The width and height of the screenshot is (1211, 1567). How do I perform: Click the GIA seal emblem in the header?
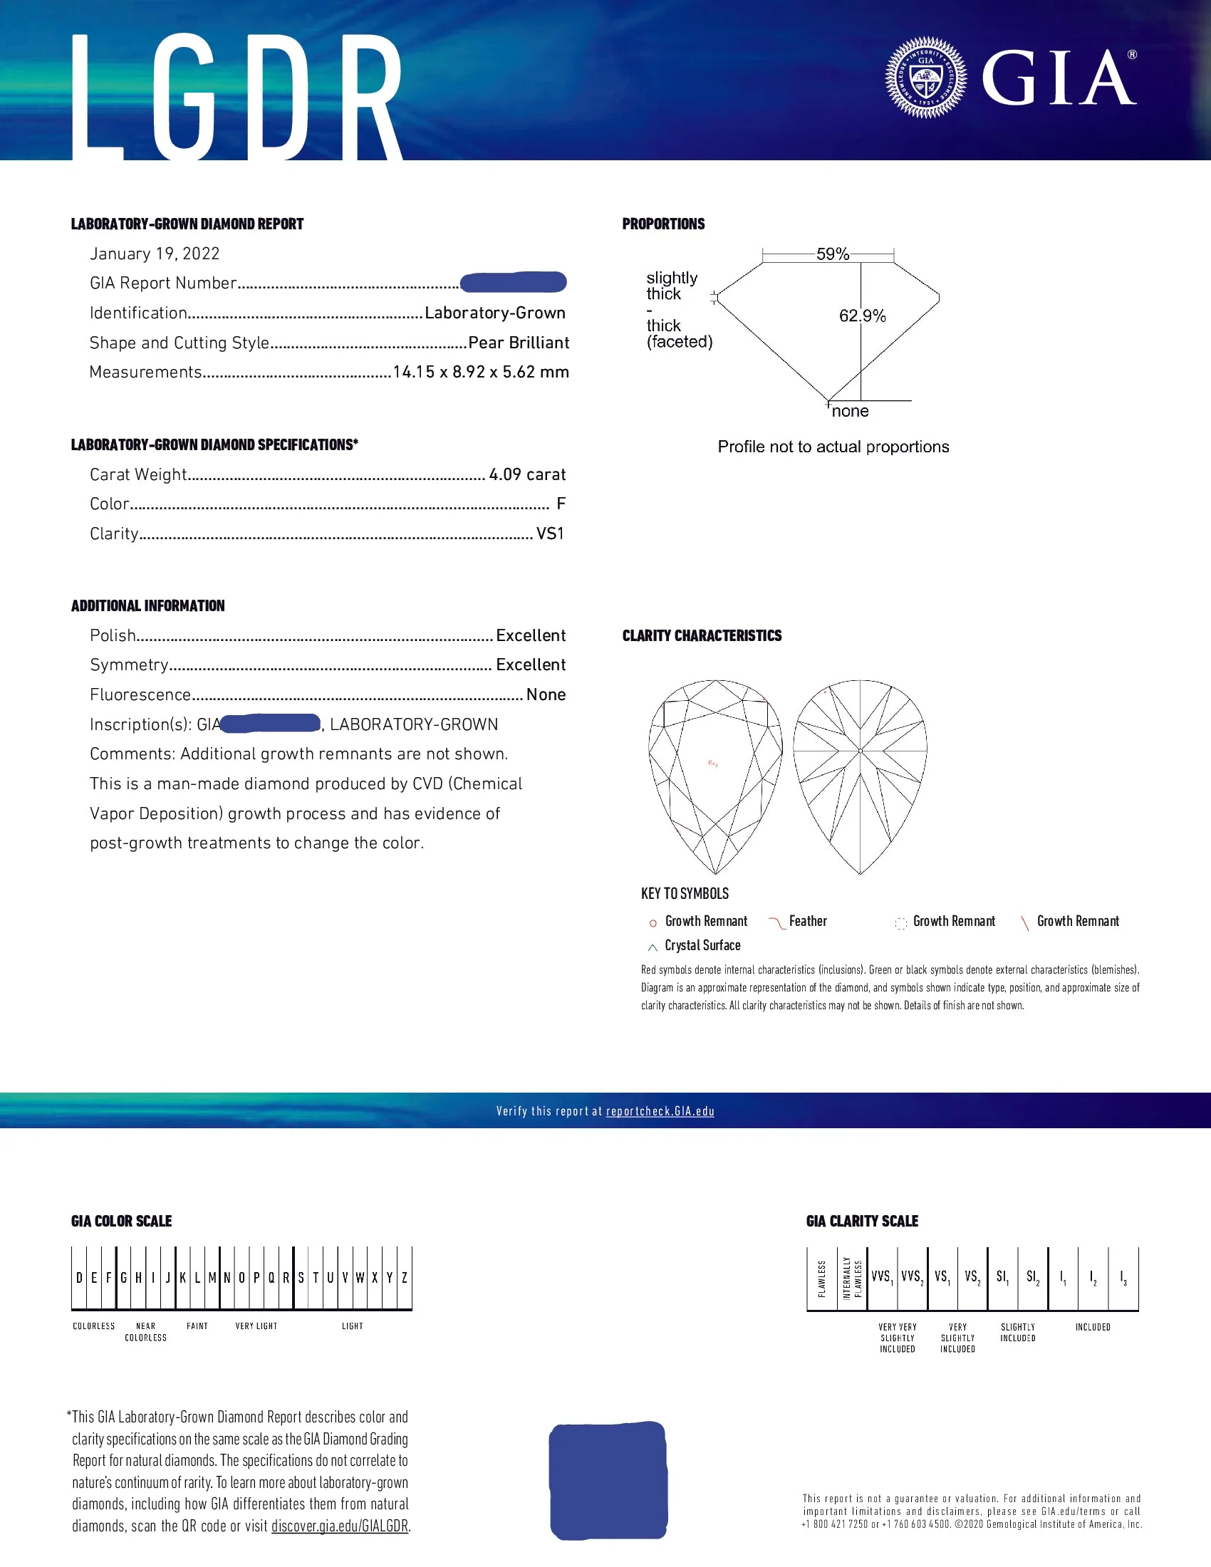click(925, 78)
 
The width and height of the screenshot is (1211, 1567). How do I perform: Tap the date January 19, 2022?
click(155, 254)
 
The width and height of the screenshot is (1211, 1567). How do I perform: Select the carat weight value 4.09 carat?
click(527, 475)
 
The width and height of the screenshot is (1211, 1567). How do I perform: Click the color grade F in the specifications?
click(561, 504)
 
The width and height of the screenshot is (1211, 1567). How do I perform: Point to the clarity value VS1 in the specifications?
click(550, 533)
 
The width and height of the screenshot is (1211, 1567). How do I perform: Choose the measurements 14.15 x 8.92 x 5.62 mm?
click(481, 373)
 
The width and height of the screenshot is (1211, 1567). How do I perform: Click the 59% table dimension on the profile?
click(832, 254)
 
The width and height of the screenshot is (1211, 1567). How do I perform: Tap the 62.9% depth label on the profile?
click(863, 316)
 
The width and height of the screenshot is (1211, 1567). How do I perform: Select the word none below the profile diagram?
click(850, 412)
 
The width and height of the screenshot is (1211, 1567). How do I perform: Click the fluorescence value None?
click(546, 695)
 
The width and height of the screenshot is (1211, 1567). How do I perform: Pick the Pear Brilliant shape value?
click(519, 343)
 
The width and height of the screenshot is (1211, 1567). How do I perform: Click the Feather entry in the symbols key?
click(808, 921)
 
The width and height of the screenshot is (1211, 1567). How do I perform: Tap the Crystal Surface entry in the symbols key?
click(702, 946)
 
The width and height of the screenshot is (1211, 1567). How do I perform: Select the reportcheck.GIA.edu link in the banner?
click(660, 1111)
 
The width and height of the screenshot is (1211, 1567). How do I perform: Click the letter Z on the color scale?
click(405, 1278)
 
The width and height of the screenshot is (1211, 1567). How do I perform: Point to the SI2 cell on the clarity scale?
click(1032, 1277)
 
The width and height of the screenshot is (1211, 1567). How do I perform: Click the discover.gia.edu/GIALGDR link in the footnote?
click(339, 1526)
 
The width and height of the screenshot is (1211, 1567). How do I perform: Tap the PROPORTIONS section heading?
click(664, 224)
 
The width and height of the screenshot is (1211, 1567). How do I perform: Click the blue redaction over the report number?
click(513, 283)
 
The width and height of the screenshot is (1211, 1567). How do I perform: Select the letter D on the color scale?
click(79, 1278)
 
